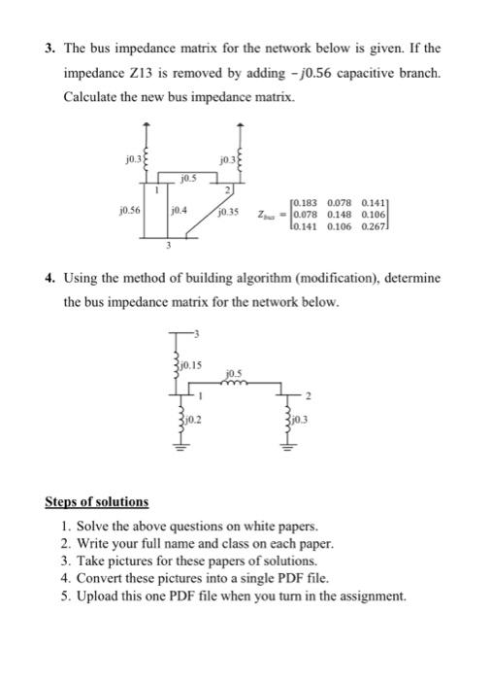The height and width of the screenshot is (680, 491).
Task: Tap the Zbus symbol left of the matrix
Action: (269, 215)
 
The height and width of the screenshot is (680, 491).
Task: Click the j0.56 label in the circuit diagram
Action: (125, 208)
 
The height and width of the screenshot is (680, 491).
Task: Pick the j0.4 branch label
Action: (179, 208)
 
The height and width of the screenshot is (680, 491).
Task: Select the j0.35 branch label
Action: (229, 208)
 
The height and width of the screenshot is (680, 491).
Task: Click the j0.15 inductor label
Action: (191, 365)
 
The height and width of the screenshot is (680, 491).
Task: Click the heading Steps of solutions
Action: (97, 502)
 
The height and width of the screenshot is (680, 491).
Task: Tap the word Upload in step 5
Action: (88, 595)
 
